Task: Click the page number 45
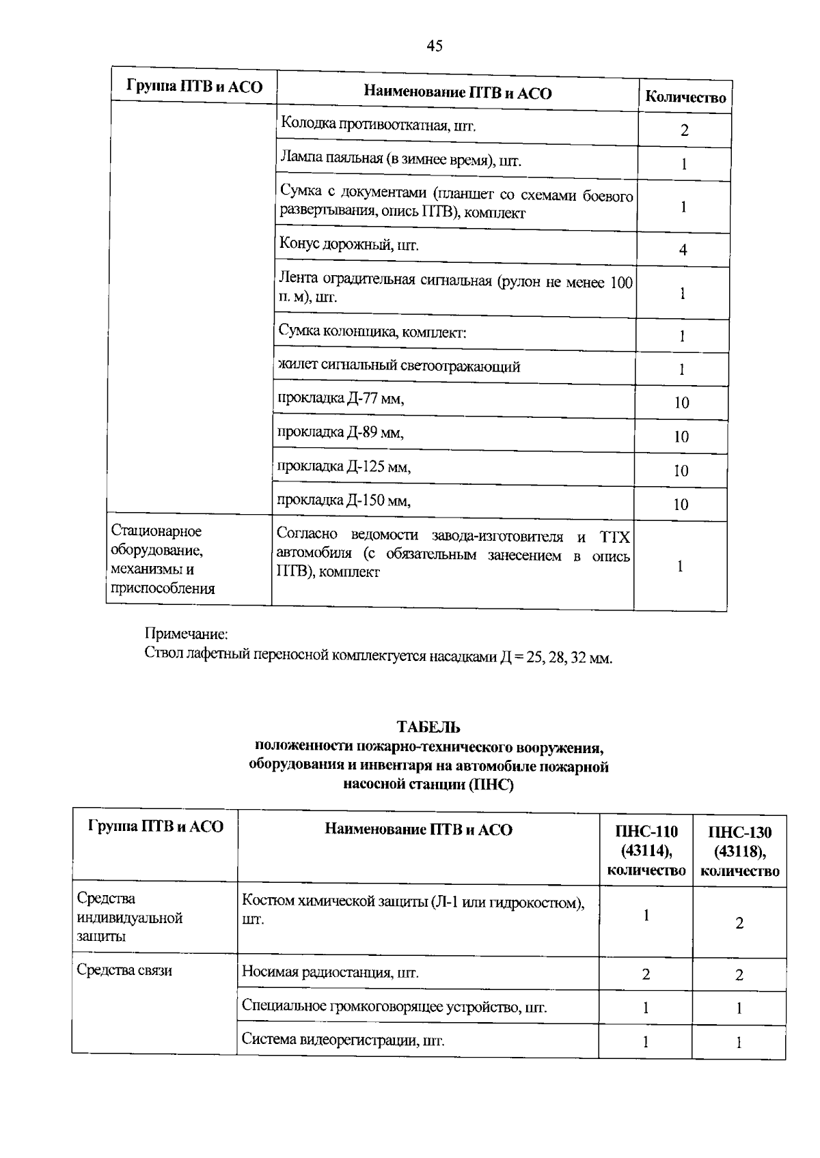435,46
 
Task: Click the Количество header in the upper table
685,98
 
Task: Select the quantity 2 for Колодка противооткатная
684,130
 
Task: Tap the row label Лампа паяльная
400,160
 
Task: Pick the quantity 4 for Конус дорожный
683,250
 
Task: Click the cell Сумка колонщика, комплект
372,333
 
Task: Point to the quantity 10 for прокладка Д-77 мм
681,403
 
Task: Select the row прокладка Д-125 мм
344,467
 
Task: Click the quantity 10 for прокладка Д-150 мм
681,505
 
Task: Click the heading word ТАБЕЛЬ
428,727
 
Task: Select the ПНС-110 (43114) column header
646,851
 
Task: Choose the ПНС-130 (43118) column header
740,851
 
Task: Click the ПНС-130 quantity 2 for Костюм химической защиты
739,923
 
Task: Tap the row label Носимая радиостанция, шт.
330,972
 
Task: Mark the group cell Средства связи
124,970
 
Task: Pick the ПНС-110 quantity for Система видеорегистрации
645,1041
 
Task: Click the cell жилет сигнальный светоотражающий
398,367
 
